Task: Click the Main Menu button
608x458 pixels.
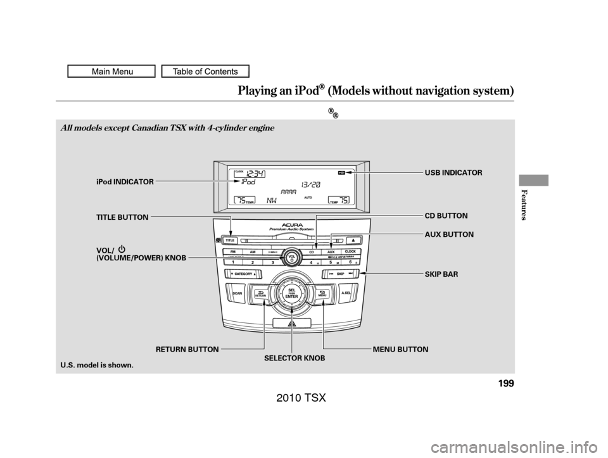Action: pyautogui.click(x=111, y=72)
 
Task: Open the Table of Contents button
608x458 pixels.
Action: pyautogui.click(x=205, y=72)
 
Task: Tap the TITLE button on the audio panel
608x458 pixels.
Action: pyautogui.click(x=231, y=241)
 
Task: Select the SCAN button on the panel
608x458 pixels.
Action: pyautogui.click(x=237, y=295)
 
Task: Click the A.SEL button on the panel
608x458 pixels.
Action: pyautogui.click(x=346, y=294)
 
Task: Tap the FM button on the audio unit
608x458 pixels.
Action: pyautogui.click(x=234, y=251)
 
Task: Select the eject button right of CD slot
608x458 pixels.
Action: pyautogui.click(x=353, y=241)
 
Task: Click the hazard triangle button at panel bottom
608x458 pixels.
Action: pyautogui.click(x=291, y=323)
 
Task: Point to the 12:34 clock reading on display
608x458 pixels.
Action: pyautogui.click(x=256, y=173)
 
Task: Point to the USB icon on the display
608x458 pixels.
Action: pyautogui.click(x=341, y=172)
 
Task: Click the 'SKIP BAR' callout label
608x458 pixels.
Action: pyautogui.click(x=437, y=274)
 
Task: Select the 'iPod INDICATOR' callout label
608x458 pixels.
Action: pyautogui.click(x=125, y=182)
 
